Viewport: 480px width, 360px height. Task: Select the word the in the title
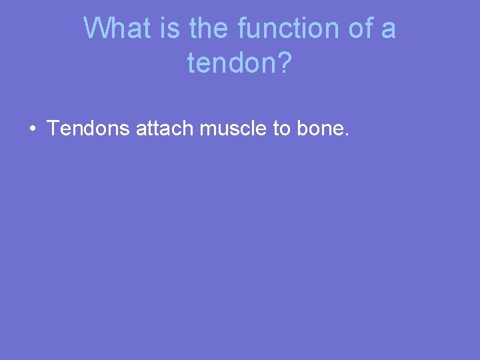click(207, 29)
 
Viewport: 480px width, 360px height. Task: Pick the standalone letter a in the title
click(388, 30)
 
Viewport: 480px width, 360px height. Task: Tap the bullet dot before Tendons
click(32, 129)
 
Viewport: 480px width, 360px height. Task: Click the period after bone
click(347, 135)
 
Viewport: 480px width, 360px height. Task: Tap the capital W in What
click(97, 29)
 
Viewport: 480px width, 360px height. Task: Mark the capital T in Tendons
click(53, 128)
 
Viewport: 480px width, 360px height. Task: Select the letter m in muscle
click(208, 129)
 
